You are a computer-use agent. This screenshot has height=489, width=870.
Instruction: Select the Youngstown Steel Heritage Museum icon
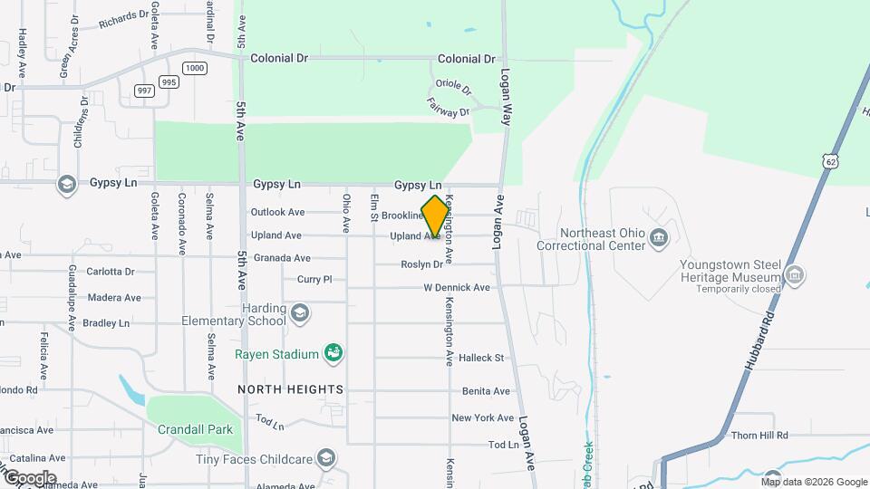(x=795, y=274)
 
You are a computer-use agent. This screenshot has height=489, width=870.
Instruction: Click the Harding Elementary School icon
(x=300, y=314)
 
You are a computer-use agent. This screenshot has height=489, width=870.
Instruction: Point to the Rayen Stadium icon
(x=333, y=354)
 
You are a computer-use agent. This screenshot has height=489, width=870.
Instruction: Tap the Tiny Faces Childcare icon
(x=325, y=459)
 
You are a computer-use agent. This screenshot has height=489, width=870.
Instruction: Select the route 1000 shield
(x=194, y=68)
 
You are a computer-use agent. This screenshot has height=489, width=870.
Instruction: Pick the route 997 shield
(x=144, y=90)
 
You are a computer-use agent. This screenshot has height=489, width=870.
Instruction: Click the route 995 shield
(x=169, y=81)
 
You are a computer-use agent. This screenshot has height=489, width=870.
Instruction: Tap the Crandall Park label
(x=194, y=429)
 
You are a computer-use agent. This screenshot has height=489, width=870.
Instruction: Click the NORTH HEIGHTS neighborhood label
(x=291, y=389)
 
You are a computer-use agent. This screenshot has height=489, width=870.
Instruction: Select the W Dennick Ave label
(x=457, y=288)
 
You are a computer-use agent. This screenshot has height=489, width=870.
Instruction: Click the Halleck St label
(x=481, y=358)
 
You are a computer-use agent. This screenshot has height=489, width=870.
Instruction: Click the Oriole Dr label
(x=453, y=87)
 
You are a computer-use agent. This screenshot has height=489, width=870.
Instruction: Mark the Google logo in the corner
(x=30, y=477)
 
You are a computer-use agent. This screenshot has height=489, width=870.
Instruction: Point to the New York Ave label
(x=483, y=418)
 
